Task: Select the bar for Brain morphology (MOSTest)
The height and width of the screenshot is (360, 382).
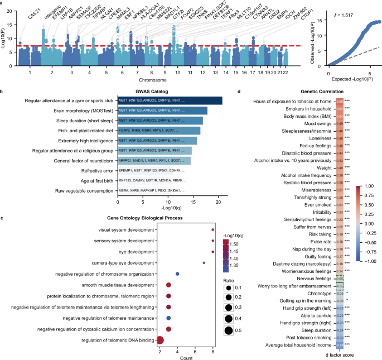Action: [162, 111]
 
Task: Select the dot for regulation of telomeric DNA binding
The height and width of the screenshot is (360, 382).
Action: [160, 340]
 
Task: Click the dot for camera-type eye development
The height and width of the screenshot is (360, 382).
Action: [204, 262]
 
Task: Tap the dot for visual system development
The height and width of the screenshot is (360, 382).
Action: [213, 229]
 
